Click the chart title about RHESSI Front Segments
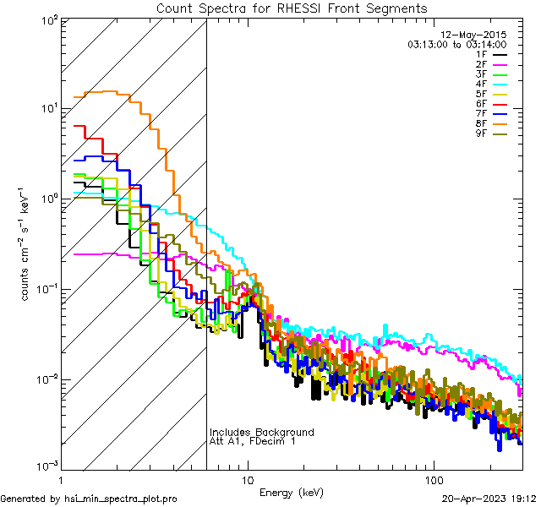(x=292, y=8)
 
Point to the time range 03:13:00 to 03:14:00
(x=456, y=44)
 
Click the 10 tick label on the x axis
(x=248, y=479)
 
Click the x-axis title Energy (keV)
(x=292, y=492)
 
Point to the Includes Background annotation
(x=261, y=432)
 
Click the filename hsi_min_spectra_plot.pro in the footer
(x=121, y=499)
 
